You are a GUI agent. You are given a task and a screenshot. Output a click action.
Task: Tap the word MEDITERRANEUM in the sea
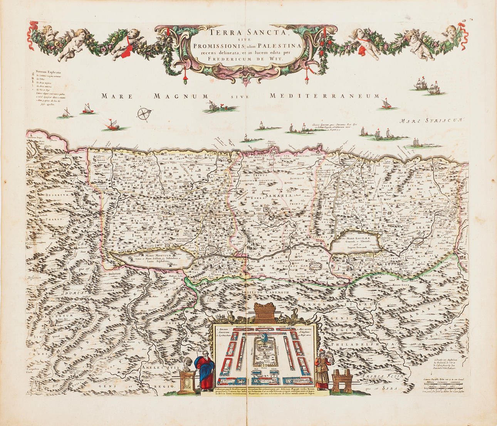[x=324, y=96]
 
